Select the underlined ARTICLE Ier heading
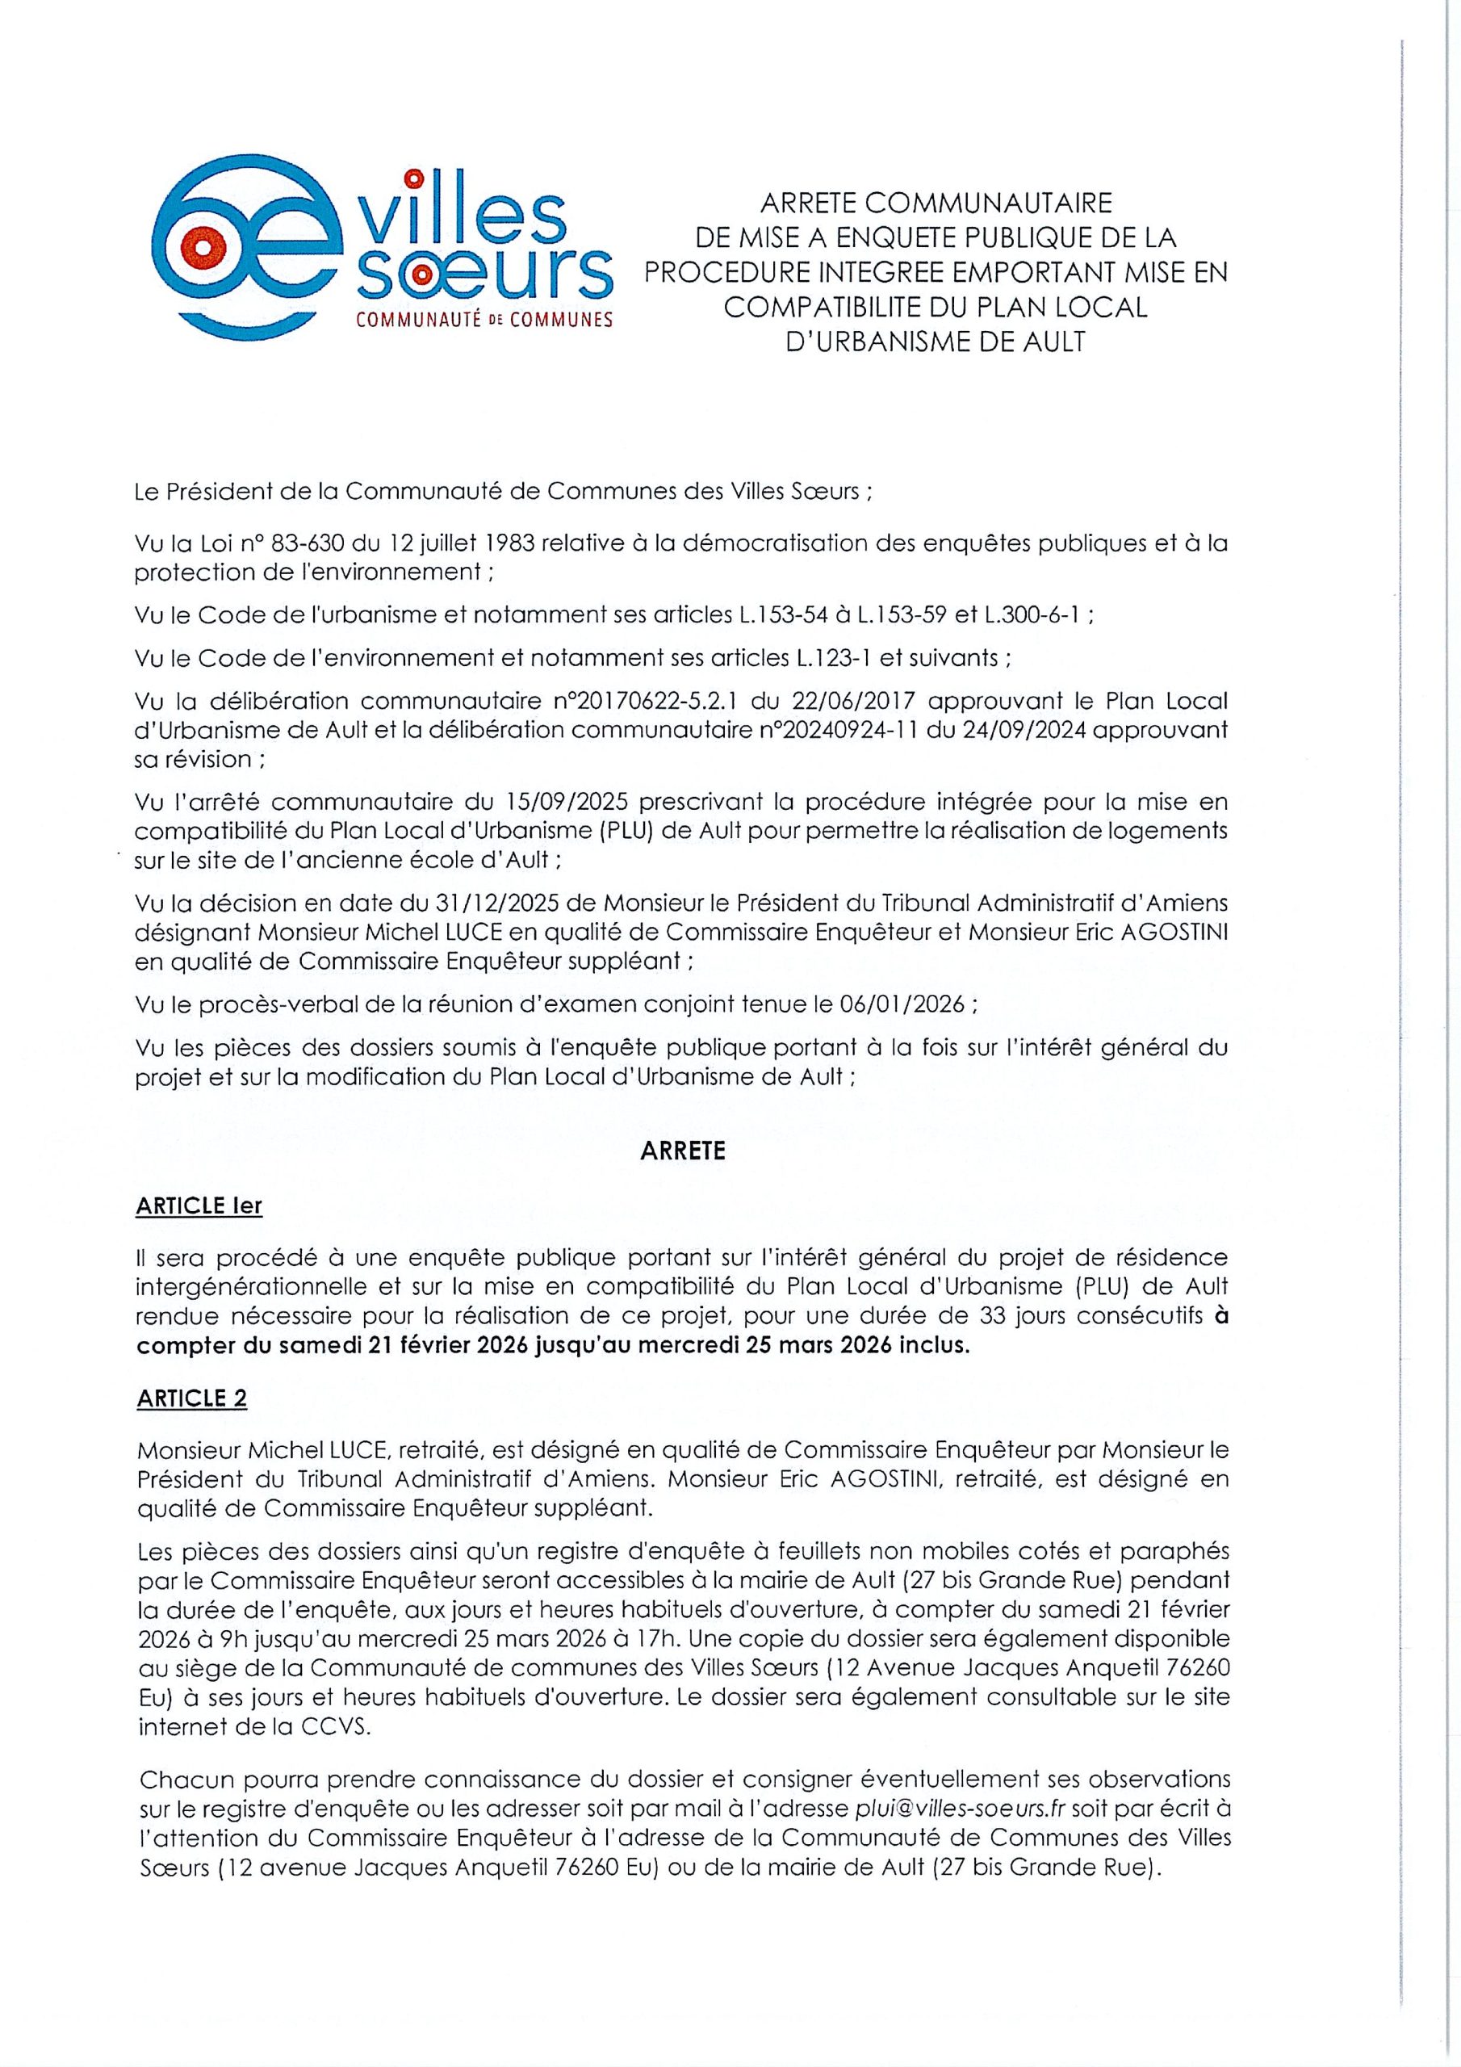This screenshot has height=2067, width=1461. click(199, 1205)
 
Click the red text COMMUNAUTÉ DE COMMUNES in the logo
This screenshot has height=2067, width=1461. click(484, 320)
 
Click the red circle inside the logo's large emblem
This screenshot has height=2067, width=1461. click(205, 244)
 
